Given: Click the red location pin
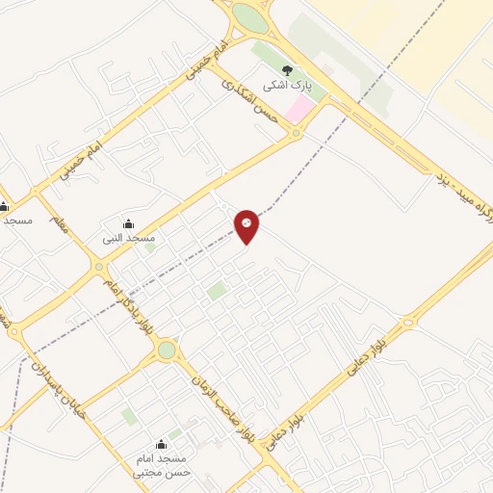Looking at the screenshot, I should coord(246,225).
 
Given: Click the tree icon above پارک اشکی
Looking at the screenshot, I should coord(286,69).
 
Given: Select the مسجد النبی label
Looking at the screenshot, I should coord(130,237).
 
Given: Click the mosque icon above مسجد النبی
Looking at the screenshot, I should coord(129,223).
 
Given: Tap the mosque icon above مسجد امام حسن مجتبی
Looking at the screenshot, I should coord(160,445).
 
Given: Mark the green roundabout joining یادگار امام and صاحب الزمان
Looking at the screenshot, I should coord(168,350).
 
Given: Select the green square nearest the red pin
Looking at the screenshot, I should coord(218,290).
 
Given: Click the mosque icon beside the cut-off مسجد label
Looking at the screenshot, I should coord(5,205).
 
